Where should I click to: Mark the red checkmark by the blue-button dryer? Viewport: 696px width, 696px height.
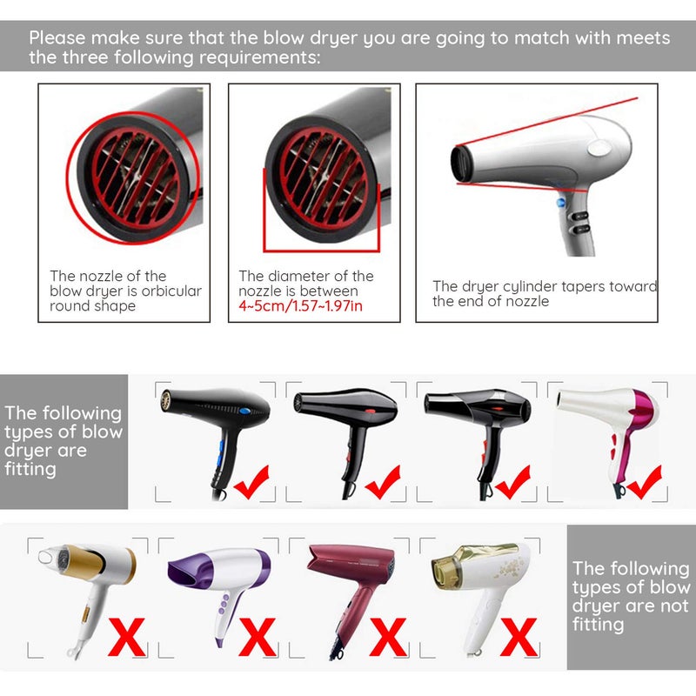tap(251, 481)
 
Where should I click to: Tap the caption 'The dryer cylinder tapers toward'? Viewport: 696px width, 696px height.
tap(545, 285)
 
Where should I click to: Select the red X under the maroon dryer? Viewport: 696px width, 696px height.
tap(388, 638)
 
